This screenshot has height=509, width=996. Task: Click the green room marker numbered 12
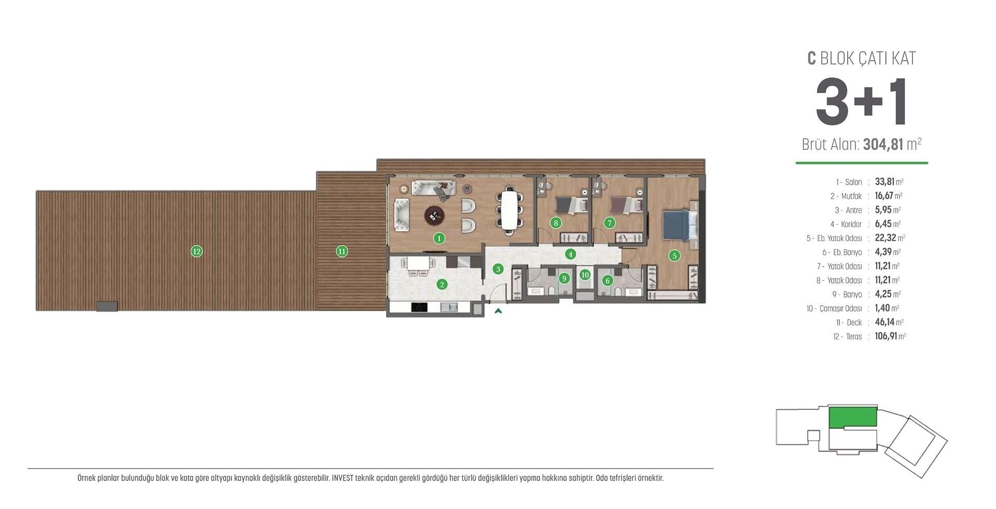(196, 251)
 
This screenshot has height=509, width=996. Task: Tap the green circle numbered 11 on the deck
(341, 251)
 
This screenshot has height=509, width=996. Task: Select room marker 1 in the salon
(439, 238)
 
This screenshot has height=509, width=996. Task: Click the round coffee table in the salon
(434, 215)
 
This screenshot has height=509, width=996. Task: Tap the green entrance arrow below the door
(498, 311)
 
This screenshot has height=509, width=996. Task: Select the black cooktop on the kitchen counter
(419, 307)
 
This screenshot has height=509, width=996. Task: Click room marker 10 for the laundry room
(585, 275)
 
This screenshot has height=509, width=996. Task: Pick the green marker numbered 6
(607, 280)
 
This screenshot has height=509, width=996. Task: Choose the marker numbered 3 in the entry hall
(498, 269)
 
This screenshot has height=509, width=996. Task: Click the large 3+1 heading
(861, 102)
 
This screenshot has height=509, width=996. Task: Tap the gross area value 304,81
(883, 144)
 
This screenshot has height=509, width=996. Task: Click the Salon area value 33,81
(884, 181)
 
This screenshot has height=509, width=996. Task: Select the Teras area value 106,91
(886, 336)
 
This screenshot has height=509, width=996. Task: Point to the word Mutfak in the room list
(851, 196)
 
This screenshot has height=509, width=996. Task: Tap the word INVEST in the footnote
(342, 478)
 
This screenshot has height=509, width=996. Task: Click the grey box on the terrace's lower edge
(107, 306)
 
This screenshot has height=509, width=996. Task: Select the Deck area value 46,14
(884, 322)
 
